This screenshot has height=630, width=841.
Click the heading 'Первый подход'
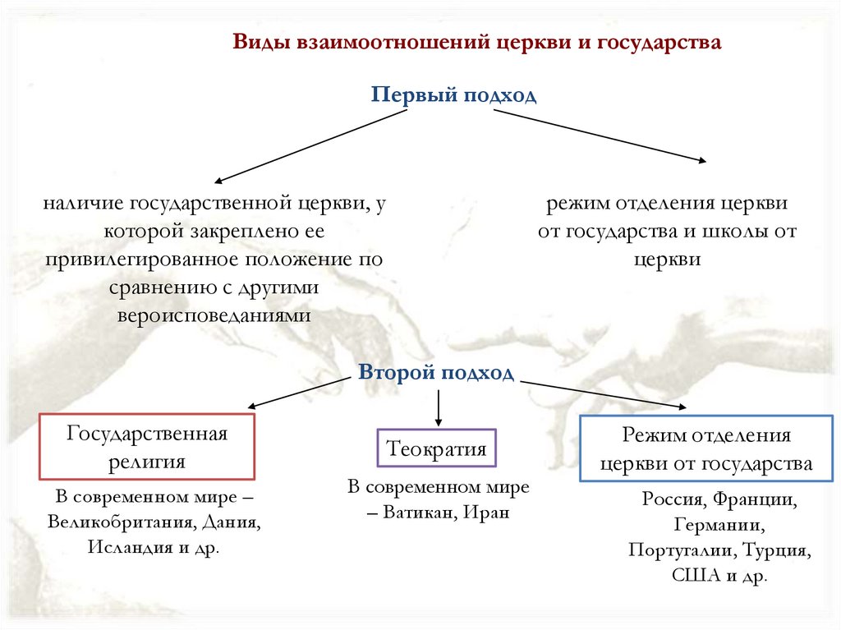(453, 95)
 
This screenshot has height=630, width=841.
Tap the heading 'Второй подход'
(436, 374)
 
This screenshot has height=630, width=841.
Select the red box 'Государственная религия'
(147, 447)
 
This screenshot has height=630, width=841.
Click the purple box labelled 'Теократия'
(436, 449)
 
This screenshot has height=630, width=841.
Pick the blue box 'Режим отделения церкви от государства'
(705, 448)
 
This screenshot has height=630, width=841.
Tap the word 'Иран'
(486, 513)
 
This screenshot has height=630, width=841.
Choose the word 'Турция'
(778, 550)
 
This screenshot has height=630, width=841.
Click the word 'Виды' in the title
(257, 43)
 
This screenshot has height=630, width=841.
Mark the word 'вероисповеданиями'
(214, 315)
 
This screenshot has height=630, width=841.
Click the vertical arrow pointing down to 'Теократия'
(439, 406)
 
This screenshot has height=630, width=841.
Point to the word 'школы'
(733, 232)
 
